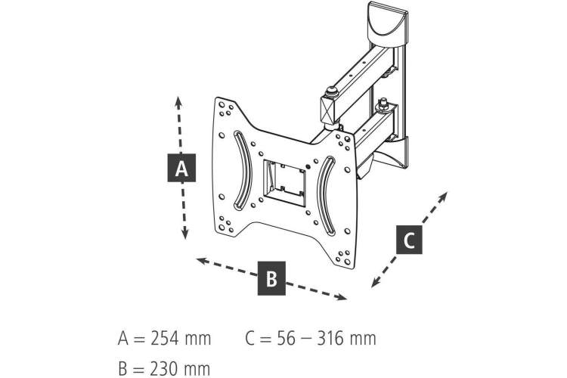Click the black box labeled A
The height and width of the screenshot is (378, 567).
tap(181, 168)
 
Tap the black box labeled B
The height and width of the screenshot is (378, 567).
tap(271, 278)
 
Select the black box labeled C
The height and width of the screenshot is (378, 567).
tap(409, 240)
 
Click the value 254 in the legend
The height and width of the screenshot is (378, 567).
tap(165, 339)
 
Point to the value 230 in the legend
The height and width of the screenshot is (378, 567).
tap(165, 369)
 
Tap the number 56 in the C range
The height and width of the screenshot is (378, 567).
tap(286, 339)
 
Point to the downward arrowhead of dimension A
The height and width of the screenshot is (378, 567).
tap(184, 234)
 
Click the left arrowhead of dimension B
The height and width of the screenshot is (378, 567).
tap(202, 260)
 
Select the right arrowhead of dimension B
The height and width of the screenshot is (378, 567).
tap(342, 297)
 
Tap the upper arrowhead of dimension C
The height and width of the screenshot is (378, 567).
tap(443, 197)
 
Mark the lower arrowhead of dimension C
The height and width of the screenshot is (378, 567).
tap(376, 283)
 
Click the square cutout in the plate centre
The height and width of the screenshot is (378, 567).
tap(284, 184)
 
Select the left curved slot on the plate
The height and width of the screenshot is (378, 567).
tap(242, 169)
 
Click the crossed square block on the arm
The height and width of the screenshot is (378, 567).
tap(328, 110)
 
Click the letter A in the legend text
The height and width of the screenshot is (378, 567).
tap(123, 339)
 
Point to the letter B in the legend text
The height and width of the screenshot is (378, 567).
tap(122, 369)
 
